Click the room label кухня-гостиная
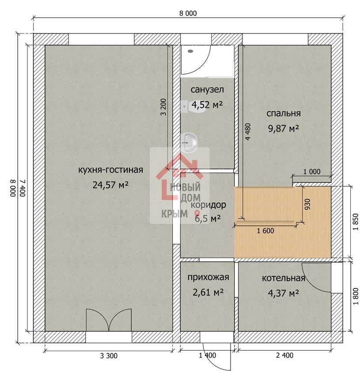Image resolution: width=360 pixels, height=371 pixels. click(110, 170)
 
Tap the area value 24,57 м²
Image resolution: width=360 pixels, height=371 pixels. click(110, 185)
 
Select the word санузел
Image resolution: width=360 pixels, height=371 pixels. click(207, 90)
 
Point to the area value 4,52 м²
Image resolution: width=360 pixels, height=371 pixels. click(207, 104)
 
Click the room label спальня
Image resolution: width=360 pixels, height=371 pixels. click(284, 114)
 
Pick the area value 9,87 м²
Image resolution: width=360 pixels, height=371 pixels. click(284, 129)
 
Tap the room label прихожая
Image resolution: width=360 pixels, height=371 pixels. click(208, 277)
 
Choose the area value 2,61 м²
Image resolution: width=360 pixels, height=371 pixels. click(208, 293)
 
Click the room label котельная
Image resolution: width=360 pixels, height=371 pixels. click(284, 278)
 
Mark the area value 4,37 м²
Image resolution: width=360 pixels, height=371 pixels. click(284, 293)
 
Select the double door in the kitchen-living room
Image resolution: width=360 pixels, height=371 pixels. click(109, 320)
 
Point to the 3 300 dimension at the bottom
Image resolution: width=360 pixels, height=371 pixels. click(109, 356)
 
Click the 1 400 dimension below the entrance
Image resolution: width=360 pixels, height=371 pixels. click(207, 355)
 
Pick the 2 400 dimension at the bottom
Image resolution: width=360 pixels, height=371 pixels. click(284, 355)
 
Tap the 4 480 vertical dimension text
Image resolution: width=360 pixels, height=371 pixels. click(247, 132)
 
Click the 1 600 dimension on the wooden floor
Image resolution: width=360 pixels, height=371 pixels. click(265, 231)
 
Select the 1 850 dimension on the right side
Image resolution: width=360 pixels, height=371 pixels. click(356, 222)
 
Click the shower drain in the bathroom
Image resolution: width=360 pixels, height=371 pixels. click(190, 51)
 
